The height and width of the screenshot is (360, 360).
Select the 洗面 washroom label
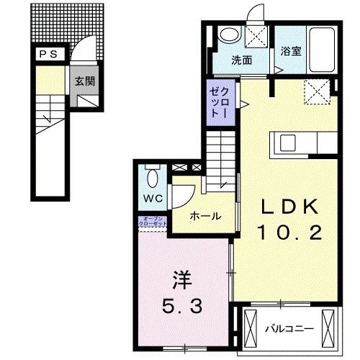click(242, 60)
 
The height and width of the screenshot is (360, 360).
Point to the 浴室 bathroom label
click(290, 53)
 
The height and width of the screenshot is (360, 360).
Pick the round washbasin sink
click(229, 35)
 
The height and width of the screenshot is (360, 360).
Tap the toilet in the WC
click(153, 175)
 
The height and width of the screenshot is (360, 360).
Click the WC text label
click(153, 197)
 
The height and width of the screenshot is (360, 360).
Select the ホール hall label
click(205, 215)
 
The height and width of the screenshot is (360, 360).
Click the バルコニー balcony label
click(288, 328)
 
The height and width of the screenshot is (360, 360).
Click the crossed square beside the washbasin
click(257, 35)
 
